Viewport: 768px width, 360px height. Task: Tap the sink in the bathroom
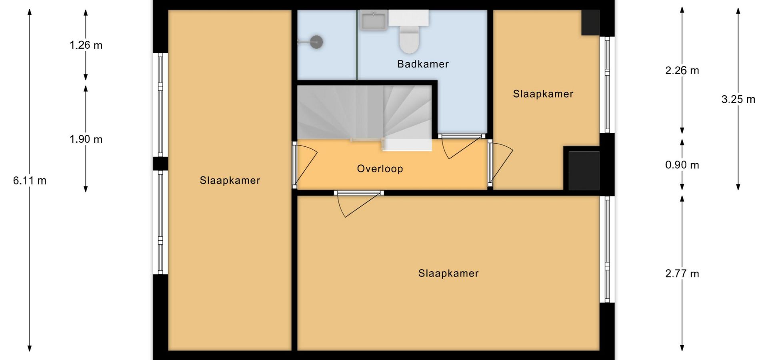pos(374,20)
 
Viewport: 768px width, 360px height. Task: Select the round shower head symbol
pos(316,42)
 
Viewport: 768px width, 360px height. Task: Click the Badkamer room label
pos(423,64)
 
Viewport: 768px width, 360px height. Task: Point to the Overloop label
pos(380,169)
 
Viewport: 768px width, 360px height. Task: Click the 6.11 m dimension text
pos(30,181)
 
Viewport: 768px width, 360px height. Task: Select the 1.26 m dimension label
pos(86,45)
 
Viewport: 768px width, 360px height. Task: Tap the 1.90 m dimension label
pos(86,139)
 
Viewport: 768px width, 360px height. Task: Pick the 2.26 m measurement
pos(682,71)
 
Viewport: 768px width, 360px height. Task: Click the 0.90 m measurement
pos(682,165)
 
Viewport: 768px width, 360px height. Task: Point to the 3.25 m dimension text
pos(738,100)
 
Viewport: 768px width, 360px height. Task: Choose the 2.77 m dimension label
pos(682,274)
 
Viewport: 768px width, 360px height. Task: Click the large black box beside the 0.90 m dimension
pos(584,170)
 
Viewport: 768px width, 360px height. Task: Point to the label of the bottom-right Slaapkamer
pos(448,274)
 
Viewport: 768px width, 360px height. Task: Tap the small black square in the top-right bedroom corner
pos(590,22)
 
